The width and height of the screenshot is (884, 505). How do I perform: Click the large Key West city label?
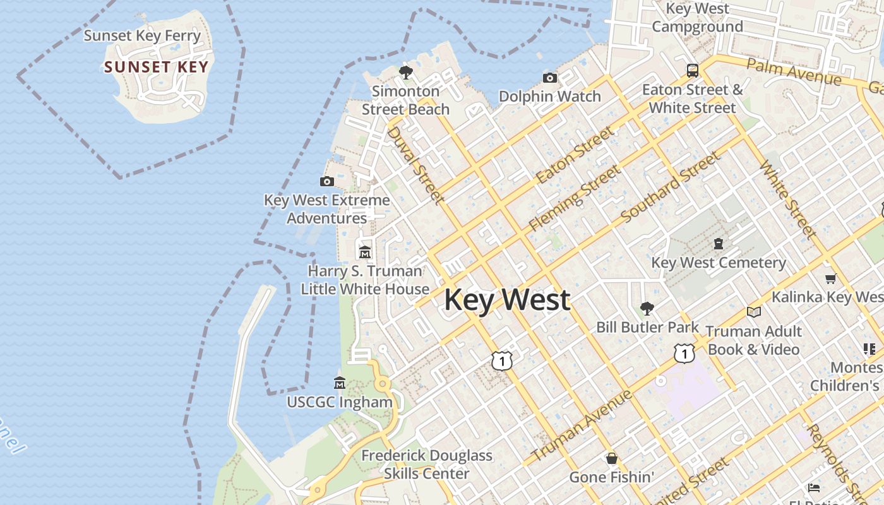(x=507, y=300)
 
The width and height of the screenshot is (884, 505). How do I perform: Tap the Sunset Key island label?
(x=156, y=67)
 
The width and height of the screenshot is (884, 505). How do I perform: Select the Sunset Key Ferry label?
(x=142, y=35)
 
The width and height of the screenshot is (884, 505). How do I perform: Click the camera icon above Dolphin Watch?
(x=550, y=78)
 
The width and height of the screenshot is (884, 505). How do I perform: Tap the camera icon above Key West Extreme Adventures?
(x=326, y=182)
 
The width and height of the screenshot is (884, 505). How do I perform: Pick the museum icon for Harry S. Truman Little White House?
(x=365, y=252)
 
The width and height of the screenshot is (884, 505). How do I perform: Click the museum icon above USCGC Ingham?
(x=340, y=383)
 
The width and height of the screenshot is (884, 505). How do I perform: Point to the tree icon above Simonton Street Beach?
(x=406, y=72)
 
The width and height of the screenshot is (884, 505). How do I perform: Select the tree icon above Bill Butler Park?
(x=647, y=308)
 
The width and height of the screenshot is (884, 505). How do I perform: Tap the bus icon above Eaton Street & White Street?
(x=693, y=70)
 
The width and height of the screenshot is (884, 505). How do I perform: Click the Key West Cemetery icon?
(x=718, y=243)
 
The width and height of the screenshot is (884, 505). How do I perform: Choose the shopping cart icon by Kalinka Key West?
(x=830, y=278)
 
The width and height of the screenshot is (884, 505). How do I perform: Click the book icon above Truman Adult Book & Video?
(x=753, y=312)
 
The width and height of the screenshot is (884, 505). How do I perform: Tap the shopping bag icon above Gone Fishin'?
(x=611, y=458)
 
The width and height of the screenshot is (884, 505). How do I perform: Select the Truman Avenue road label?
(x=582, y=426)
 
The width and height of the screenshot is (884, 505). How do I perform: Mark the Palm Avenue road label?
(x=794, y=71)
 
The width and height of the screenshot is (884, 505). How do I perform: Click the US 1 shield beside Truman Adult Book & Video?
(x=684, y=353)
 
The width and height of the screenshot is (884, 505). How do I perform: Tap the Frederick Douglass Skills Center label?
(x=427, y=464)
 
